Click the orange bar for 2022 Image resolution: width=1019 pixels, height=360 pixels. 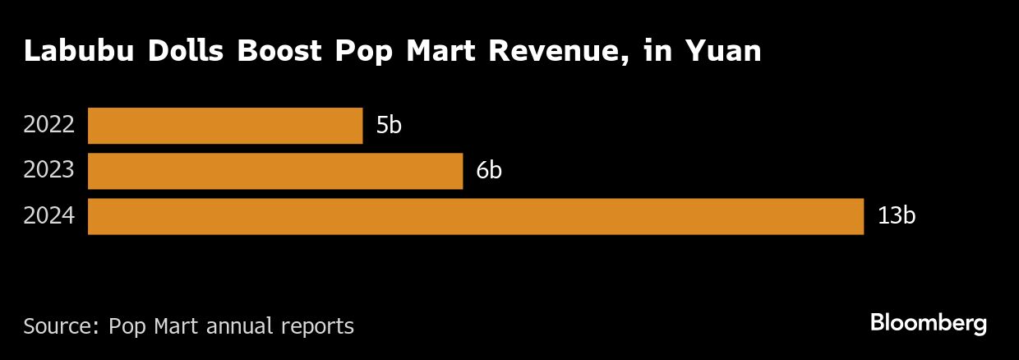(x=225, y=126)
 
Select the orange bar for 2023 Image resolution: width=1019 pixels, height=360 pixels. (x=275, y=171)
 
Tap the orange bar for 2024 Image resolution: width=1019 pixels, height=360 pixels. (x=476, y=216)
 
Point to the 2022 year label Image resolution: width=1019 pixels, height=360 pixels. (x=49, y=126)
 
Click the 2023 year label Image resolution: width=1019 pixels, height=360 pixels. (x=49, y=171)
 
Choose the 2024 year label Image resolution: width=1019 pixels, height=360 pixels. (x=49, y=216)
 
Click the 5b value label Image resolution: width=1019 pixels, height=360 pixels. (x=389, y=126)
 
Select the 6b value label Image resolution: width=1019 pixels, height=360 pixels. (x=489, y=171)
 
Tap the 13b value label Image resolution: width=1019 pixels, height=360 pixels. (x=896, y=216)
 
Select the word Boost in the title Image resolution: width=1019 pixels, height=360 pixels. (x=284, y=51)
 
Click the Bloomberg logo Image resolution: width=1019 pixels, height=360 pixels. (x=928, y=324)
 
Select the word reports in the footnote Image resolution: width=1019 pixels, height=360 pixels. (x=320, y=326)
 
